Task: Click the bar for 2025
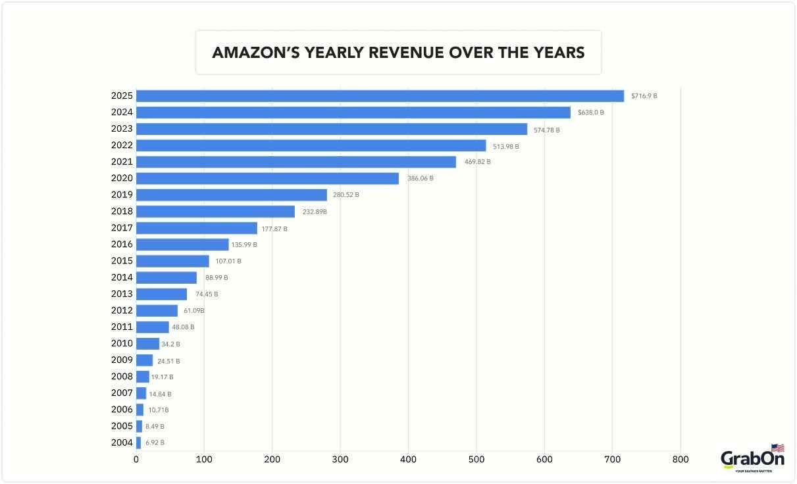(380, 96)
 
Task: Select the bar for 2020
(267, 178)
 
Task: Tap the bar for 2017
(196, 228)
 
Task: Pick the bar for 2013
(161, 294)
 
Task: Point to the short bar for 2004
(138, 443)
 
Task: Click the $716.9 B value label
(644, 96)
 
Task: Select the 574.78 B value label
(546, 130)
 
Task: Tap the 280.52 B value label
(346, 195)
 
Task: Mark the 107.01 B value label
(228, 261)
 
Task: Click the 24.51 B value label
(168, 361)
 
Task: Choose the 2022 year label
(122, 146)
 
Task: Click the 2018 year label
(122, 211)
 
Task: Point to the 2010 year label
(122, 344)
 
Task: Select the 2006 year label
(122, 410)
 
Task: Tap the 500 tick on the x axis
(476, 460)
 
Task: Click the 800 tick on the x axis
(681, 460)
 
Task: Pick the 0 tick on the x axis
(136, 460)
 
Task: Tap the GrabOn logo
(752, 460)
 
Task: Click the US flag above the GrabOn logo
(777, 448)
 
